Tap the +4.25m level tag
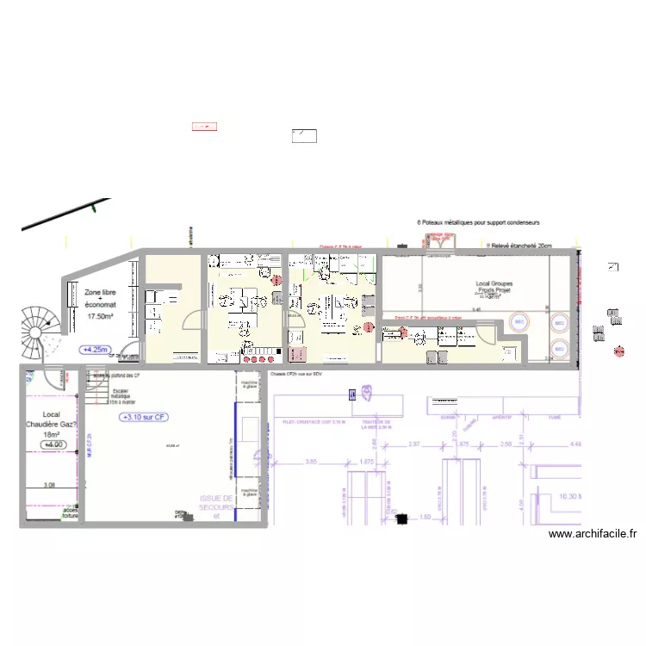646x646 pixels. point(95,350)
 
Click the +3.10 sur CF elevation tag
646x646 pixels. point(143,417)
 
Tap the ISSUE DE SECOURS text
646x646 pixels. point(216,502)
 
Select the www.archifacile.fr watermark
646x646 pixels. point(593,534)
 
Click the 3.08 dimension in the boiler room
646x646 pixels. point(49,486)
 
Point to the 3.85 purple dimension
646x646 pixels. point(312,463)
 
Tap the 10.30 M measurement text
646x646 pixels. point(568,497)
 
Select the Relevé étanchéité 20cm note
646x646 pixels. point(521,245)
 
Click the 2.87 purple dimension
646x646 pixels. point(414,444)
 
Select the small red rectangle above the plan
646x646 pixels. point(204,127)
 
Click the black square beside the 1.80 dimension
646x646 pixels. point(401,519)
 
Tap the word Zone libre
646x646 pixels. point(100,293)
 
